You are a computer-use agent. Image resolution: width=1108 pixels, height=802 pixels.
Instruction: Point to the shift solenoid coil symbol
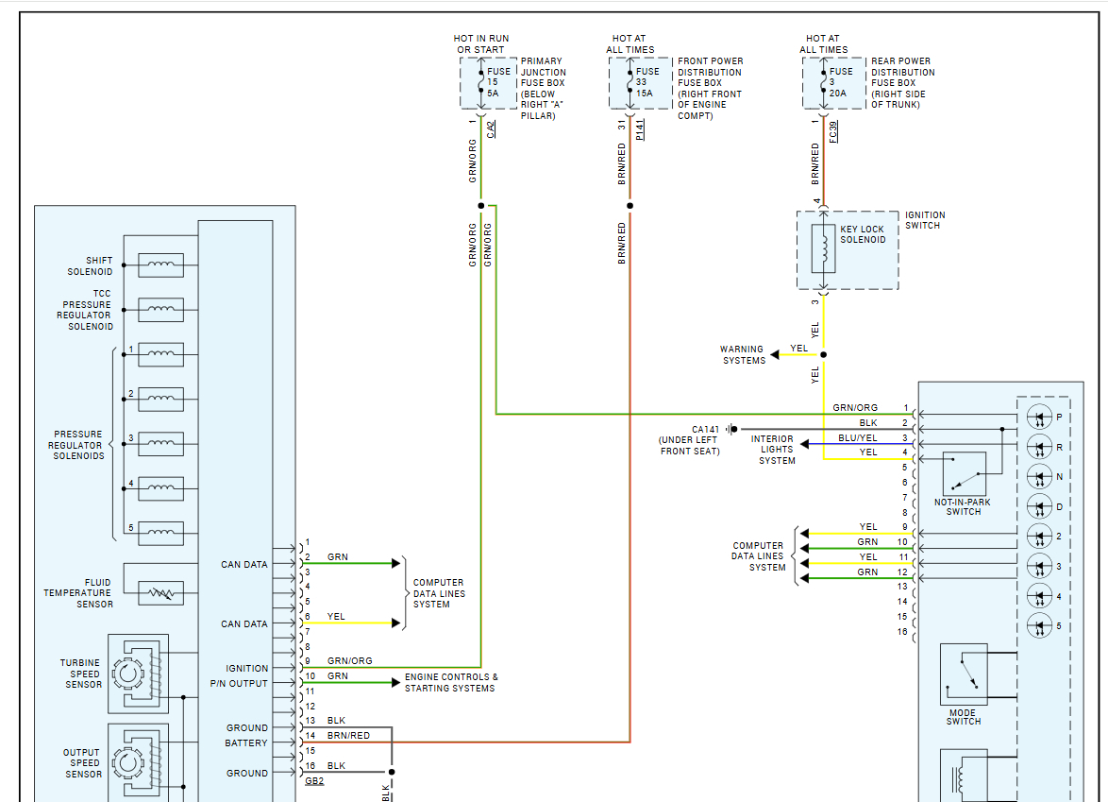[160, 265]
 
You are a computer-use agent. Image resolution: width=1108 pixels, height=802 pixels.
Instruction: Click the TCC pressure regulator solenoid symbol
[160, 310]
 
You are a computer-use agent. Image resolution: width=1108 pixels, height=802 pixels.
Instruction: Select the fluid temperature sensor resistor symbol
[160, 593]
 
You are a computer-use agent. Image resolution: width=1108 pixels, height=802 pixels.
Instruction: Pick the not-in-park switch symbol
[964, 472]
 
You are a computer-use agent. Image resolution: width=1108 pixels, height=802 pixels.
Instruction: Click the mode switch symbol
[964, 674]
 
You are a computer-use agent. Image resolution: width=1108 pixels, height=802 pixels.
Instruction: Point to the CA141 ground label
[705, 430]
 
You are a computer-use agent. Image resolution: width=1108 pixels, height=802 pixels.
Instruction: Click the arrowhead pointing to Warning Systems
[775, 355]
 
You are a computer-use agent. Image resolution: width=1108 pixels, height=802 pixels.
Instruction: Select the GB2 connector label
[314, 781]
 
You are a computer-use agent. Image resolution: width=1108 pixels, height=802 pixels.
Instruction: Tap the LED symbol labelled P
[1038, 417]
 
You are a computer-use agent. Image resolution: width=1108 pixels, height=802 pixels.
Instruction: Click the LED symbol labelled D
[1038, 506]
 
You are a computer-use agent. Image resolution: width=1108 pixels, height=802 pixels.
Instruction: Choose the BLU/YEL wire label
[858, 438]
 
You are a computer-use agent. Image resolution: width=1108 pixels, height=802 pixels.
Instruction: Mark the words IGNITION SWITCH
[925, 220]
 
